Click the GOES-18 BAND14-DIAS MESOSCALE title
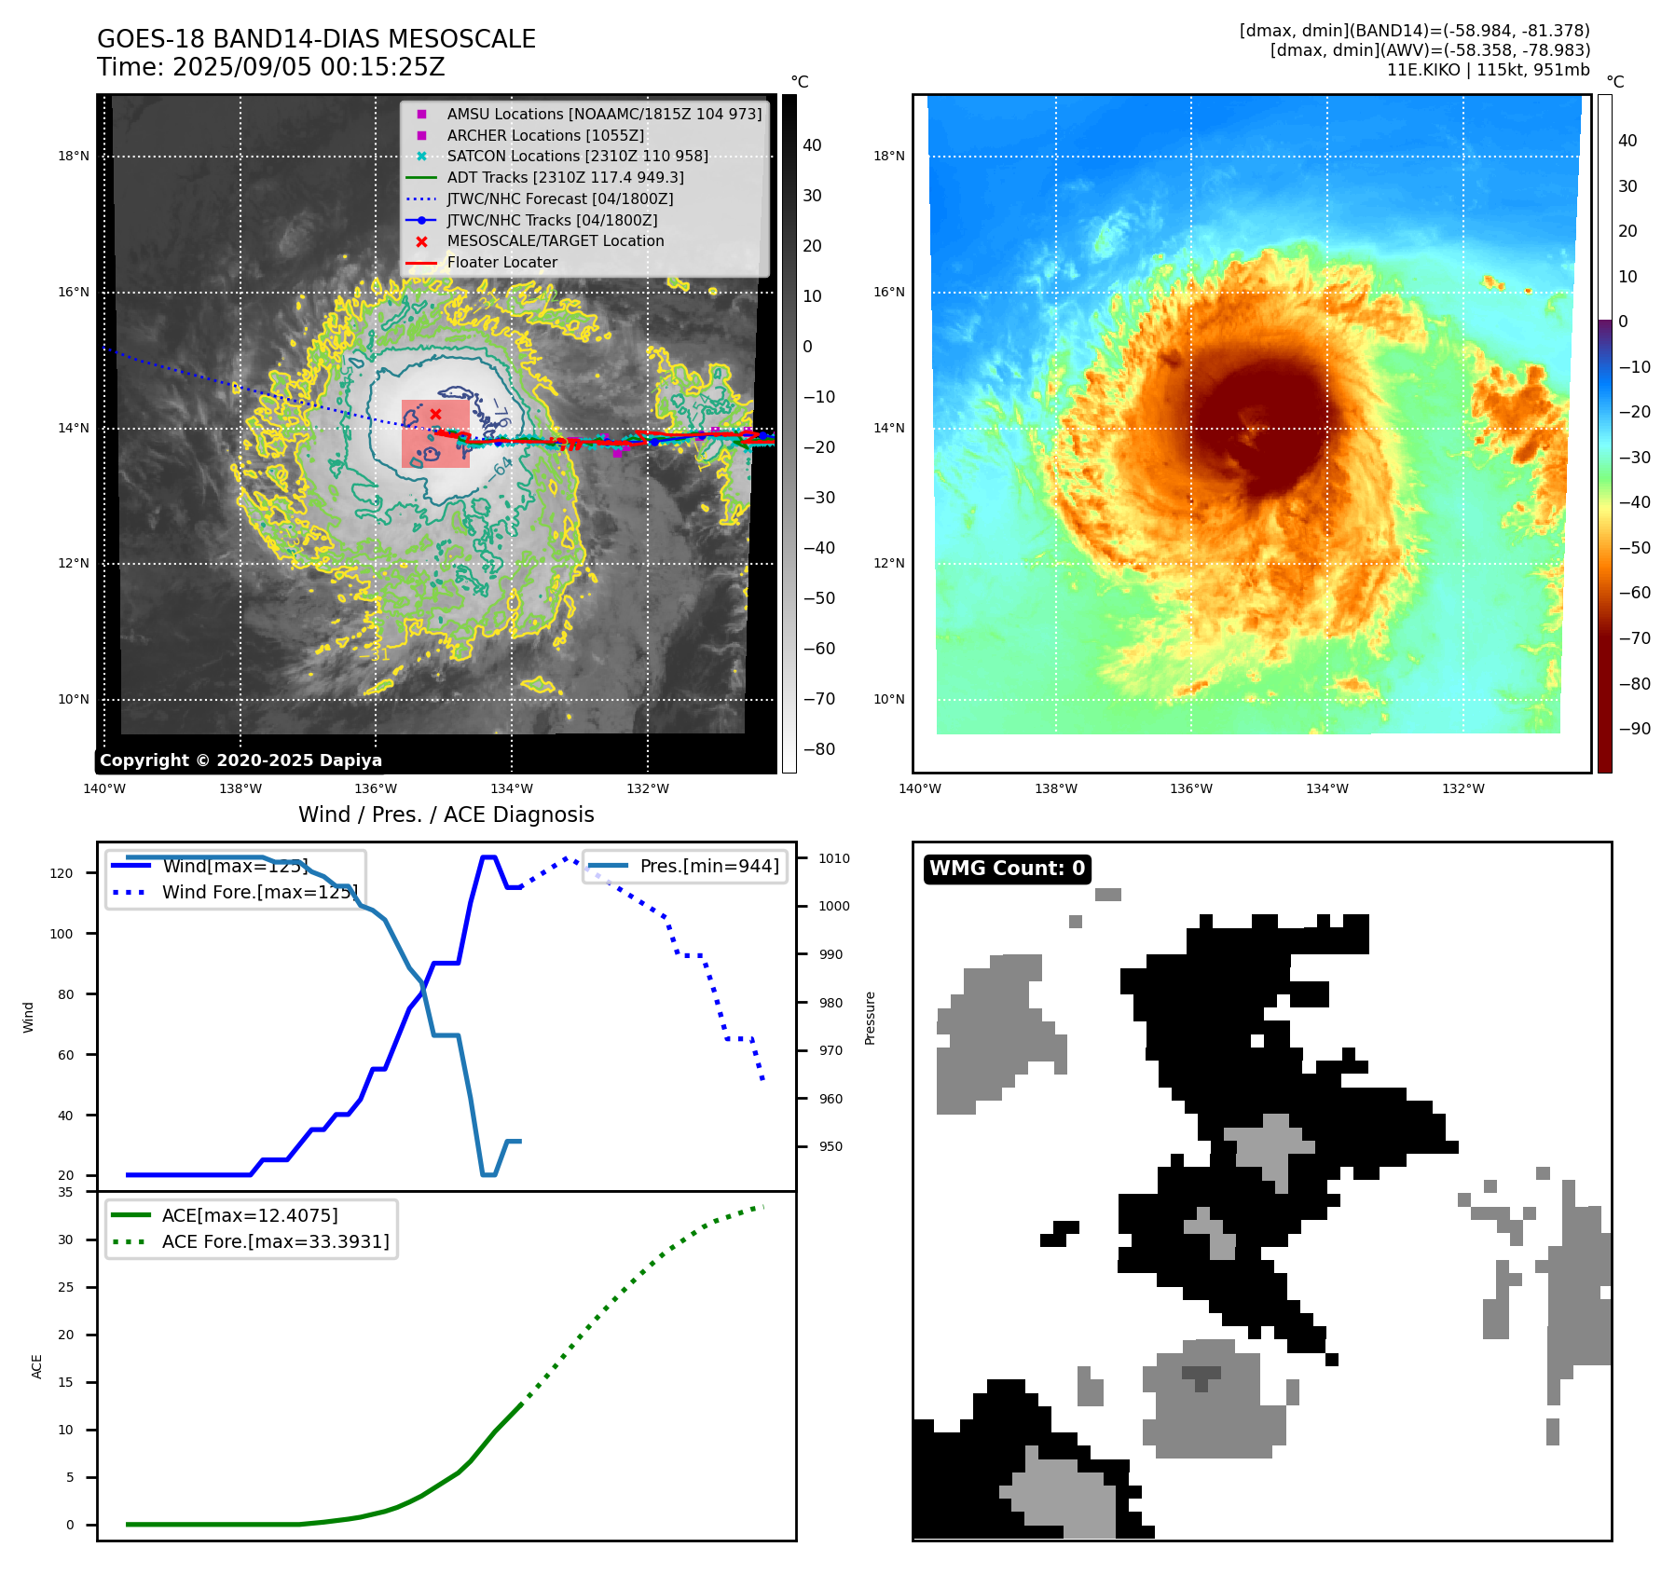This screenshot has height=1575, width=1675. coord(316,39)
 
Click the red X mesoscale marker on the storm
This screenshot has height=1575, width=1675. coord(435,414)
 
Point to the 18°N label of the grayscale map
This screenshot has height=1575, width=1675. coord(74,156)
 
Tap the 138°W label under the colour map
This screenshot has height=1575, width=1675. coord(1055,788)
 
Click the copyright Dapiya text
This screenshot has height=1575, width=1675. coord(240,760)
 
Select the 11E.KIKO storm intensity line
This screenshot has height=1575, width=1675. coord(1488,70)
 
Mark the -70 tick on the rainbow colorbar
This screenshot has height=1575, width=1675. coord(1634,638)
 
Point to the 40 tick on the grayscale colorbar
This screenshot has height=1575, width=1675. coord(812,145)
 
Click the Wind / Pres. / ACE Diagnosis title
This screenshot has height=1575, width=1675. coord(446,815)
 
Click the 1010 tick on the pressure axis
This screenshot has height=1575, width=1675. coord(834,858)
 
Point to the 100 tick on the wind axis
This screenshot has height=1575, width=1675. coord(62,934)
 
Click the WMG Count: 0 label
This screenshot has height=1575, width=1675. coord(1007,869)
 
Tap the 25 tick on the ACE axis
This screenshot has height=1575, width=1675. coord(65,1287)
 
